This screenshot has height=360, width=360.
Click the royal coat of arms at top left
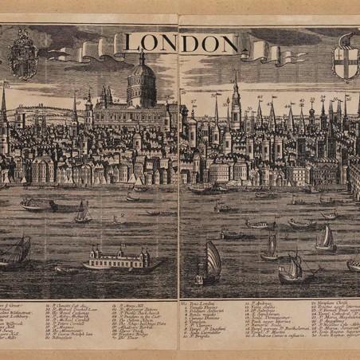pos(23,57)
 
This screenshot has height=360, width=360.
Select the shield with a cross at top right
pos(345,58)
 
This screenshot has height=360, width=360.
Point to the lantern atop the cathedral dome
pos(142,57)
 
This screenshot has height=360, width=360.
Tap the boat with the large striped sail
pos(211,263)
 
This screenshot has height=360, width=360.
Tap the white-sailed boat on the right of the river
pos(325,238)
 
